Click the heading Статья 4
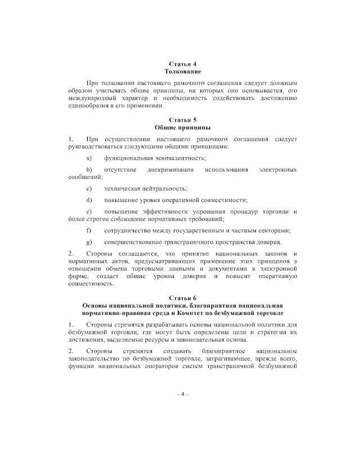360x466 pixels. [x=183, y=64]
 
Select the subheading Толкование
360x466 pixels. [x=183, y=72]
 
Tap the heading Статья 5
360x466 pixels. [x=183, y=120]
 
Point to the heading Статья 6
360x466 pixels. [x=183, y=297]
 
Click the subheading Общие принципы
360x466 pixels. [x=183, y=128]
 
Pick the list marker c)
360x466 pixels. [x=89, y=189]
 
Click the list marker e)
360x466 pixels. [x=89, y=211]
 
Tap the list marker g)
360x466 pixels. [x=89, y=242]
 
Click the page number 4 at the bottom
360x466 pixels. [x=183, y=394]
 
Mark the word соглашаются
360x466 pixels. [x=136, y=254]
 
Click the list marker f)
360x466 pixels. [x=89, y=230]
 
